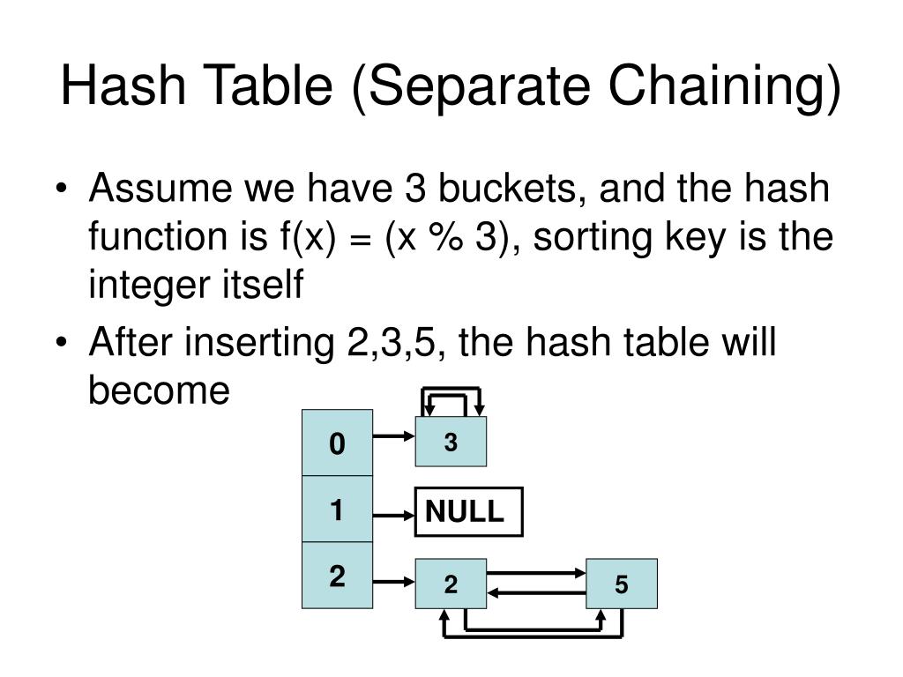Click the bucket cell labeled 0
click(337, 443)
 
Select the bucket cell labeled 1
click(337, 510)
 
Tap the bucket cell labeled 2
click(337, 577)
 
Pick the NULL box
click(468, 511)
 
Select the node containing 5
click(622, 584)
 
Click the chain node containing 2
click(451, 584)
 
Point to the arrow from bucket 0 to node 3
click(393, 435)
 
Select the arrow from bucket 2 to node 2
click(393, 581)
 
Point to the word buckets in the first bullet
click(511, 190)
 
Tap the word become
click(159, 389)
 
